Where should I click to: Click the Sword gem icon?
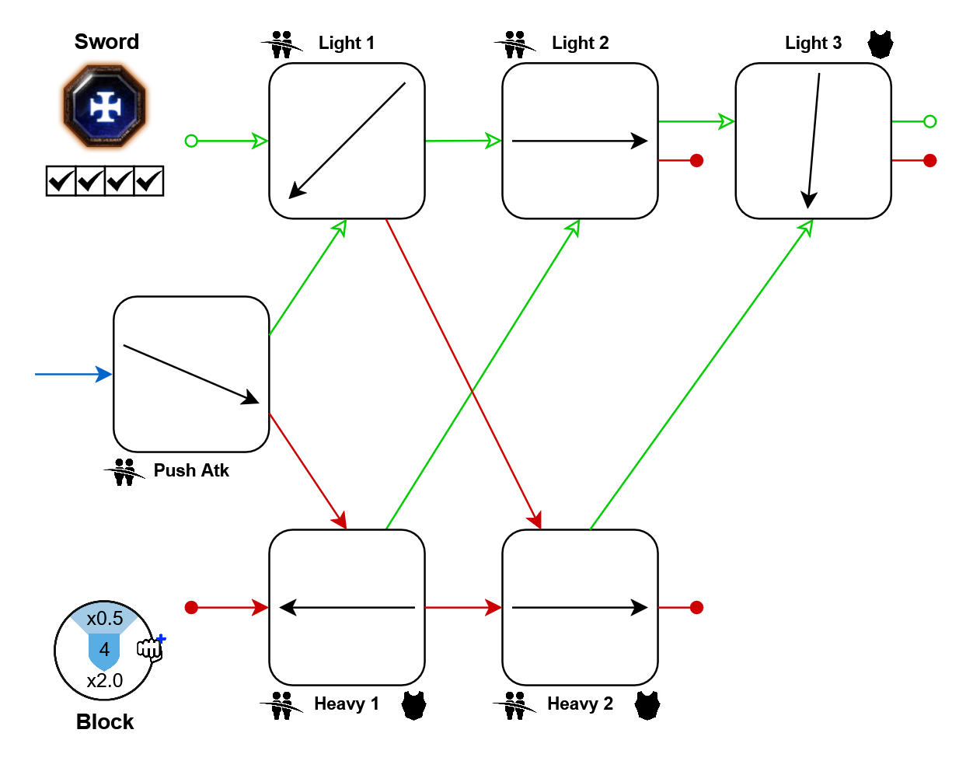pyautogui.click(x=105, y=106)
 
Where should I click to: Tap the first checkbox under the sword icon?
pyautogui.click(x=61, y=181)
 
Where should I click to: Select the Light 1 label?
pyautogui.click(x=347, y=43)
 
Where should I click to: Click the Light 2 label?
pyautogui.click(x=581, y=43)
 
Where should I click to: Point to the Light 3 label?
pyautogui.click(x=813, y=43)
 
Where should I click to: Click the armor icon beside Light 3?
pyautogui.click(x=881, y=44)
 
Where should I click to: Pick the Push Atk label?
pyautogui.click(x=191, y=470)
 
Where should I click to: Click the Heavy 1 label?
pyautogui.click(x=347, y=703)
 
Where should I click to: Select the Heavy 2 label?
pyautogui.click(x=581, y=703)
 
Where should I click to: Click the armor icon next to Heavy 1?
pyautogui.click(x=414, y=705)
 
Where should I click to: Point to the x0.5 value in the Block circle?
pyautogui.click(x=105, y=619)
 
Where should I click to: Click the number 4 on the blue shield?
pyautogui.click(x=104, y=649)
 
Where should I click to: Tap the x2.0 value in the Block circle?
pyautogui.click(x=105, y=681)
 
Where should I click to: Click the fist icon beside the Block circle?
pyautogui.click(x=151, y=648)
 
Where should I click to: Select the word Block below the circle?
pyautogui.click(x=105, y=722)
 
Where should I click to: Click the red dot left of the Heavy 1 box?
pyautogui.click(x=191, y=607)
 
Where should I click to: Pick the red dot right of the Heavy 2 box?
pyautogui.click(x=696, y=607)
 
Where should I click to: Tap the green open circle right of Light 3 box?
pyautogui.click(x=929, y=121)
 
